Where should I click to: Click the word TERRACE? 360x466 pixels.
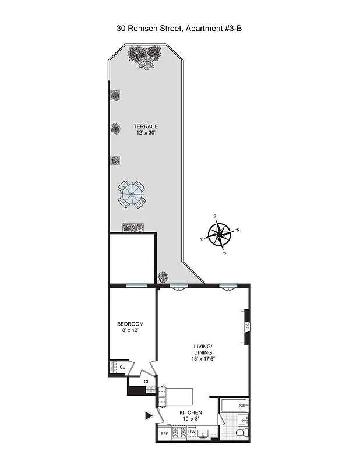point(145,126)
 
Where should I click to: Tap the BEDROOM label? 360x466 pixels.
point(130,324)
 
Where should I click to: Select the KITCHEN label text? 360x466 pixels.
point(190,412)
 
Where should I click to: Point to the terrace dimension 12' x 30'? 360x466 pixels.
point(145,133)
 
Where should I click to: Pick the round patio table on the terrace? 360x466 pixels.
point(132,194)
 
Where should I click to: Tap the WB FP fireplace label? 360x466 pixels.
point(247,327)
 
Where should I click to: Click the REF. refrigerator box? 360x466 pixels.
point(164,434)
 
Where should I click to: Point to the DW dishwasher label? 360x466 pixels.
point(192,432)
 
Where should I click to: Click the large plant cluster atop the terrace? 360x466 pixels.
point(144,58)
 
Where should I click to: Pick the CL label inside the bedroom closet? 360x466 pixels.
point(122,367)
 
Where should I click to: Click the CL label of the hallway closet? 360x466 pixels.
point(147,382)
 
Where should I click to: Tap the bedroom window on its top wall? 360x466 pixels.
point(136,285)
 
